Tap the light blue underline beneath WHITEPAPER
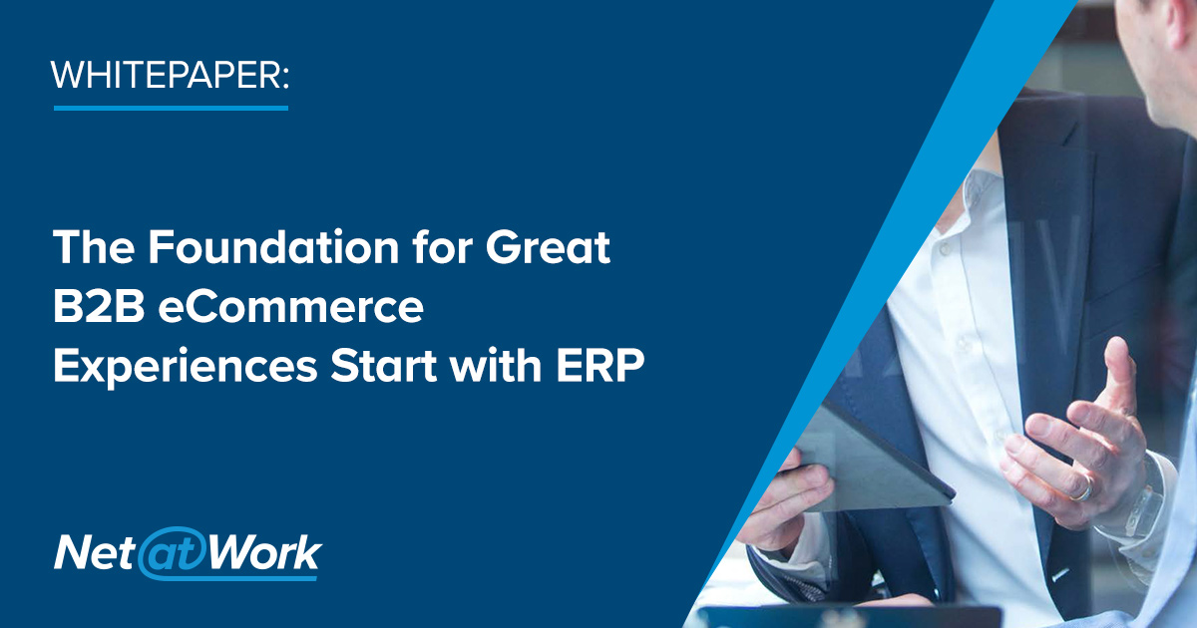(170, 106)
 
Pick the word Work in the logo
(262, 551)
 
